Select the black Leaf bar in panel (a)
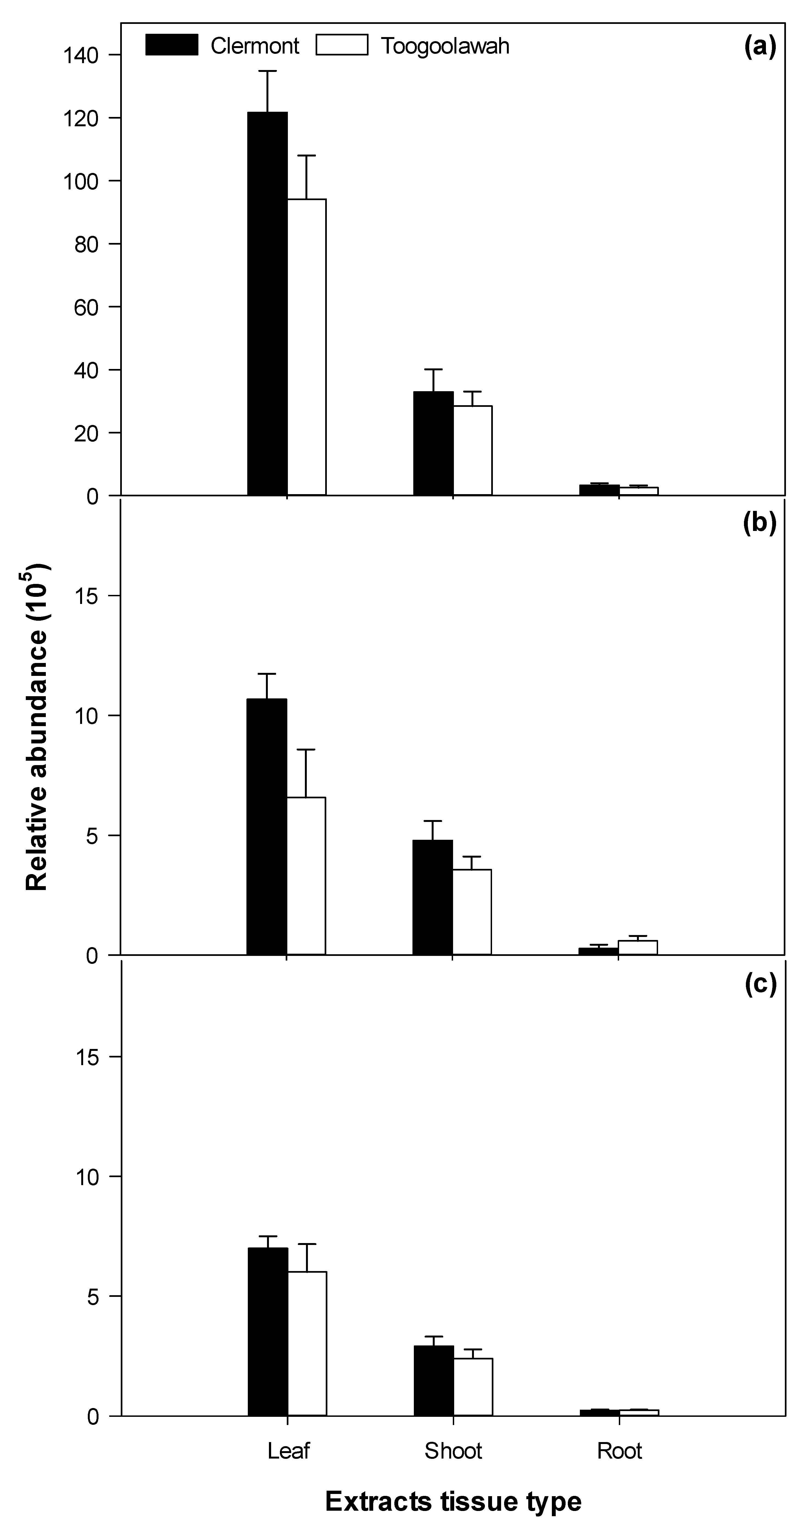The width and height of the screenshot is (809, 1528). click(268, 303)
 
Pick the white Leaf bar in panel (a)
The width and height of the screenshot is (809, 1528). click(307, 347)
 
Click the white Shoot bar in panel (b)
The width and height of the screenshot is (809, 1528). click(472, 912)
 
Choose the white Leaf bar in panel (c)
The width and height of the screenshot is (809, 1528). click(307, 1344)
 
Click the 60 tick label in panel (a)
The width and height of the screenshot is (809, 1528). click(87, 307)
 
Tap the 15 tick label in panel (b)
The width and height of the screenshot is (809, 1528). click(87, 596)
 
